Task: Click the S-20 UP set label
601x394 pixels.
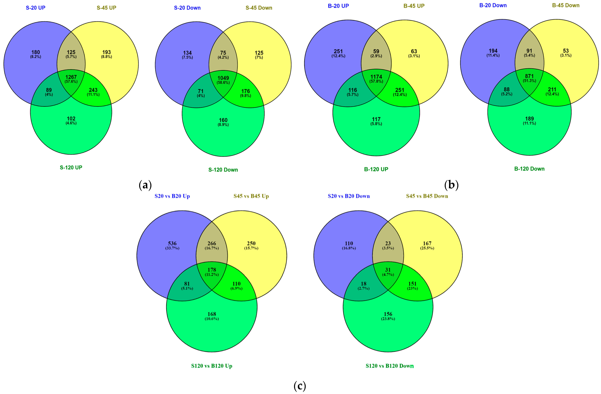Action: (x=36, y=8)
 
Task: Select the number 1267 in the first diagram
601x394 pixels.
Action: (x=71, y=77)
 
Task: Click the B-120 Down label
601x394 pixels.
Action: (x=529, y=169)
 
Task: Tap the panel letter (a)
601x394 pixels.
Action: (x=145, y=185)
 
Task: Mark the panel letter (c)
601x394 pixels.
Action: (x=300, y=386)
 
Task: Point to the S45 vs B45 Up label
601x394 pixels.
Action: (x=251, y=196)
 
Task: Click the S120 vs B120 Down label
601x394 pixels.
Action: (x=390, y=366)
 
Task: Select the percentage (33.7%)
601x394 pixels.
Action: (x=172, y=248)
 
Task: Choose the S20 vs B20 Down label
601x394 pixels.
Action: (x=349, y=196)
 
